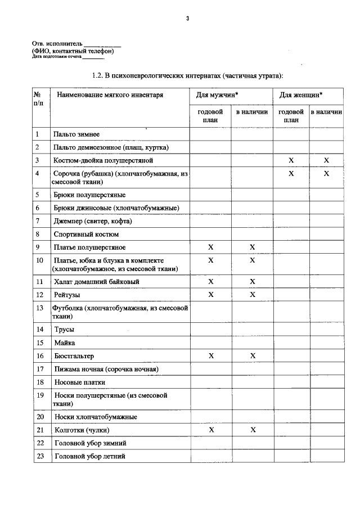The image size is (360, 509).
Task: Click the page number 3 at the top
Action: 188,19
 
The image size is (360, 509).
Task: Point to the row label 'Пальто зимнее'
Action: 76,134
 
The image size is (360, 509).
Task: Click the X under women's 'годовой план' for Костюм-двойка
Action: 291,161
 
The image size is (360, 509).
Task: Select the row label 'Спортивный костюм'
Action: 86,234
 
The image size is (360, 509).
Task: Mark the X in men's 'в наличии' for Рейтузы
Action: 253,295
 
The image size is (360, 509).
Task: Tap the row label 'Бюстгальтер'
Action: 74,356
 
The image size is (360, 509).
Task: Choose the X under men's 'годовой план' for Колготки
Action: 211,430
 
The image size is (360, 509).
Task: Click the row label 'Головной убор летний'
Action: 89,456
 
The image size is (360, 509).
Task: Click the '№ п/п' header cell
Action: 38,99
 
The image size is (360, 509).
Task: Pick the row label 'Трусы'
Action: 64,330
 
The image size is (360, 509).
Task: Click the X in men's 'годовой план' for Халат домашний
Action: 211,281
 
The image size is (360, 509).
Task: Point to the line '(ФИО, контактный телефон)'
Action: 73,51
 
